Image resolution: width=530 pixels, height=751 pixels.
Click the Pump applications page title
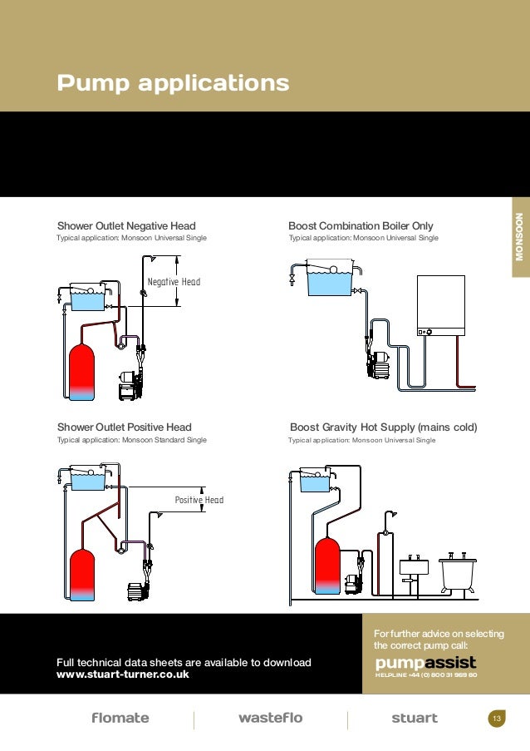click(x=173, y=84)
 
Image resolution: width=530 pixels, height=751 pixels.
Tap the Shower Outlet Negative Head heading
click(x=126, y=225)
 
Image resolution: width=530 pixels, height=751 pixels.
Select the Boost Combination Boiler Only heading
click(x=361, y=225)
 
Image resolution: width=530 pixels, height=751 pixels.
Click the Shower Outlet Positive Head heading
click(x=124, y=427)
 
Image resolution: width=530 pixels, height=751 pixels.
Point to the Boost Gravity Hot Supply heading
click(x=383, y=427)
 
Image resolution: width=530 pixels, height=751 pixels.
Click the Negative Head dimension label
click(x=174, y=282)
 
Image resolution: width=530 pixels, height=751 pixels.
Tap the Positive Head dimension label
click(x=199, y=500)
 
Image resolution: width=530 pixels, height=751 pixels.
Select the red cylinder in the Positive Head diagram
click(x=81, y=574)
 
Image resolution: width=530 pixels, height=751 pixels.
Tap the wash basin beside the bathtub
click(x=412, y=567)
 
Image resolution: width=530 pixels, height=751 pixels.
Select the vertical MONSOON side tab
click(x=518, y=236)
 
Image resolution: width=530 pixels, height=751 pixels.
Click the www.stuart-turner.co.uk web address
click(x=122, y=674)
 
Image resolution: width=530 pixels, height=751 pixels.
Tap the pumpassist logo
click(x=425, y=663)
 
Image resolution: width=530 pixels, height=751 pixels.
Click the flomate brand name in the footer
click(x=120, y=718)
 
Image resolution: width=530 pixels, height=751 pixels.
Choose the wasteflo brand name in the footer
click(x=270, y=718)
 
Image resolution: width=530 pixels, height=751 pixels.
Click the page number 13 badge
click(x=497, y=719)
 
